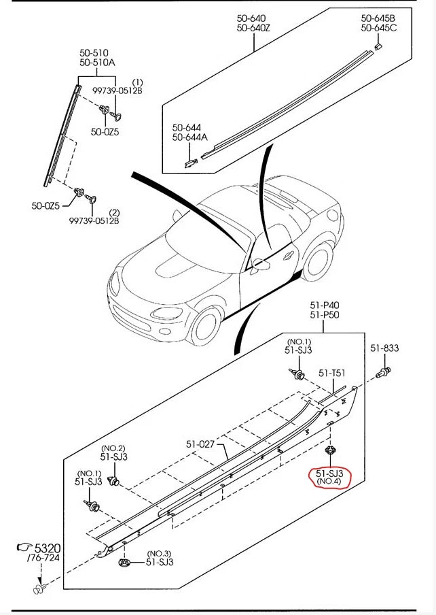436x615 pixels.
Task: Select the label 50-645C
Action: click(x=379, y=28)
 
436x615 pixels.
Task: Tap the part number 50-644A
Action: click(x=190, y=137)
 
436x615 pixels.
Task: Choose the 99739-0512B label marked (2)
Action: click(x=94, y=220)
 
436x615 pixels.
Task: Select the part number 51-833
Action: click(x=384, y=348)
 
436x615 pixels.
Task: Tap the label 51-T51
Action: click(x=333, y=373)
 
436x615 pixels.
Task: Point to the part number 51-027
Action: click(x=200, y=445)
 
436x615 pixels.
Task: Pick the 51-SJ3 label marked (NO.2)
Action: click(x=113, y=456)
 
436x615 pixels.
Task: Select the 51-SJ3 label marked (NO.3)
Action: click(x=160, y=562)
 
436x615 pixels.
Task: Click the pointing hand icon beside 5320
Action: click(x=24, y=547)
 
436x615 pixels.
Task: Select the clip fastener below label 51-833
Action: click(x=385, y=371)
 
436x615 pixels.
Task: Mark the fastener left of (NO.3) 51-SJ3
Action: click(x=124, y=562)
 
